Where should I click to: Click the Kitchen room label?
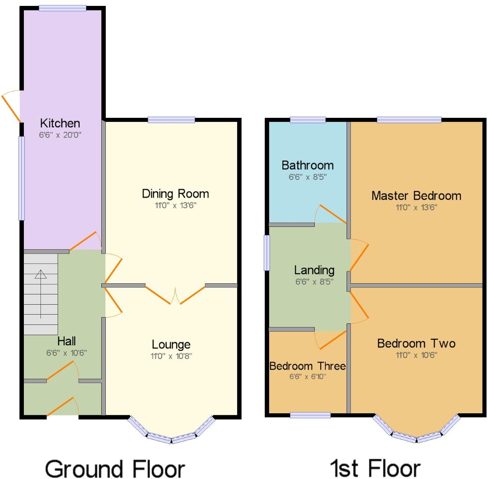click(x=60, y=123)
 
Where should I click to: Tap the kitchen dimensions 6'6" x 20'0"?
click(x=60, y=135)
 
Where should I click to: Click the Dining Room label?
click(x=175, y=194)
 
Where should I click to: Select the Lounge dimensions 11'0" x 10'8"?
click(x=171, y=356)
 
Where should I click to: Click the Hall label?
click(x=66, y=341)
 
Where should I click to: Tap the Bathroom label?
click(x=308, y=166)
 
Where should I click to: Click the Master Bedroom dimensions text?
click(x=416, y=207)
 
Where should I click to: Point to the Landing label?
click(x=314, y=271)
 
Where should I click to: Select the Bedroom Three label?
click(x=308, y=366)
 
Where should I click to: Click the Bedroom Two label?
click(x=416, y=344)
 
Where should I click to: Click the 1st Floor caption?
click(x=375, y=468)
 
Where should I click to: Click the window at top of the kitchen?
click(x=62, y=8)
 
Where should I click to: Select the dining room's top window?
click(x=171, y=120)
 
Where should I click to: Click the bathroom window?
click(x=308, y=120)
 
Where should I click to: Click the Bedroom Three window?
click(x=310, y=415)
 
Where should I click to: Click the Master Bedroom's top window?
click(x=409, y=120)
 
